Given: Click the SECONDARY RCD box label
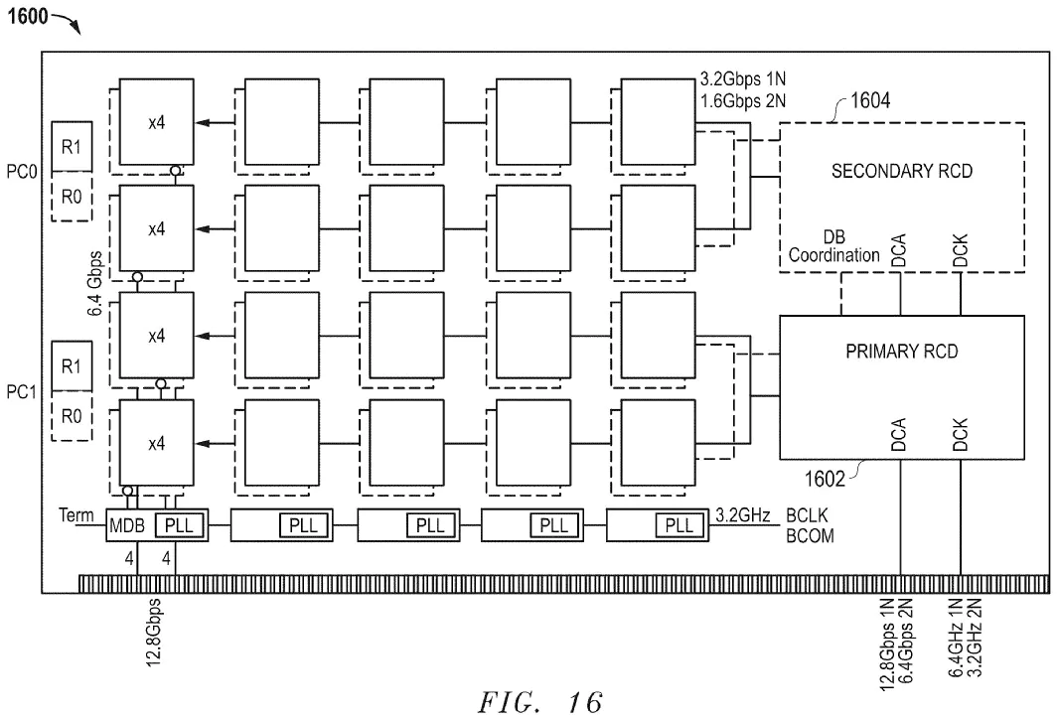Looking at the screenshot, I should tap(901, 171).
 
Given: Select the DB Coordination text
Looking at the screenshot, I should tap(834, 247).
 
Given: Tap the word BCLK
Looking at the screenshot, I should tap(808, 515).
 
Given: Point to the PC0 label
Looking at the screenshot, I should tap(21, 171).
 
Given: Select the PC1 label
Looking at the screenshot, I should tap(21, 392).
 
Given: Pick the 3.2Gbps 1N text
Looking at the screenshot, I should tap(742, 77).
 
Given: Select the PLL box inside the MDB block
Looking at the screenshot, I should tap(180, 524).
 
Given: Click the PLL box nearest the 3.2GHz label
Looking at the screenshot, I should tap(680, 524).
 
